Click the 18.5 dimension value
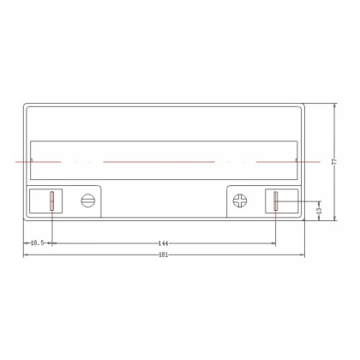[x=35, y=244]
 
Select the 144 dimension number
[x=163, y=244]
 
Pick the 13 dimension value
[x=319, y=209]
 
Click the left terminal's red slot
[x=51, y=201]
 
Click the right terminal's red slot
[x=276, y=201]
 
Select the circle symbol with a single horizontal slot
[x=86, y=201]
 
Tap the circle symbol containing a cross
[x=240, y=201]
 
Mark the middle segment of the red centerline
[x=159, y=161]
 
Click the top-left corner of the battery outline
[x=24, y=104]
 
